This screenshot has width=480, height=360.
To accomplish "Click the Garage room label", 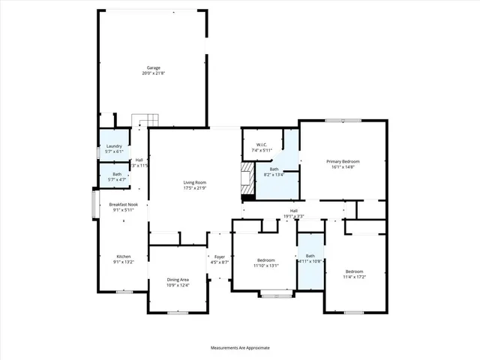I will pyautogui.click(x=153, y=67).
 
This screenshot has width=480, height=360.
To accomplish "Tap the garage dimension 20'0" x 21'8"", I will pyautogui.click(x=153, y=73).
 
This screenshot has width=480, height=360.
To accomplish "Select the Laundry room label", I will pyautogui.click(x=114, y=145).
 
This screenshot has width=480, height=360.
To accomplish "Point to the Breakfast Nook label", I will pyautogui.click(x=123, y=205).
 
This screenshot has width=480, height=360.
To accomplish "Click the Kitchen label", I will pyautogui.click(x=122, y=257).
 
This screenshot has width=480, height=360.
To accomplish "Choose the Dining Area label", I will pyautogui.click(x=178, y=280).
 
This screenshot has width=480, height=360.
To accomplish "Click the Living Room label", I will pyautogui.click(x=195, y=182).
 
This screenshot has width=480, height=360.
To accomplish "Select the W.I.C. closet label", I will pyautogui.click(x=262, y=145).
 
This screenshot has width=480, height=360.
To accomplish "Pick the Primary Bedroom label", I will pyautogui.click(x=343, y=161).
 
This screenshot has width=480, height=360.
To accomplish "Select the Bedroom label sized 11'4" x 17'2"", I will pyautogui.click(x=354, y=271).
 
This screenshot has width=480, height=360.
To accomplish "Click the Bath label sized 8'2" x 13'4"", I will pyautogui.click(x=274, y=169).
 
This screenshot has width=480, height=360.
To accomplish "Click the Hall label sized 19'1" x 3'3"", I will pyautogui.click(x=294, y=211).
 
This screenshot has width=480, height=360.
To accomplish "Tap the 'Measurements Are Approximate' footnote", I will pyautogui.click(x=239, y=348).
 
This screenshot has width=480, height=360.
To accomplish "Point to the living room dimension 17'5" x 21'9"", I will pyautogui.click(x=195, y=187).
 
